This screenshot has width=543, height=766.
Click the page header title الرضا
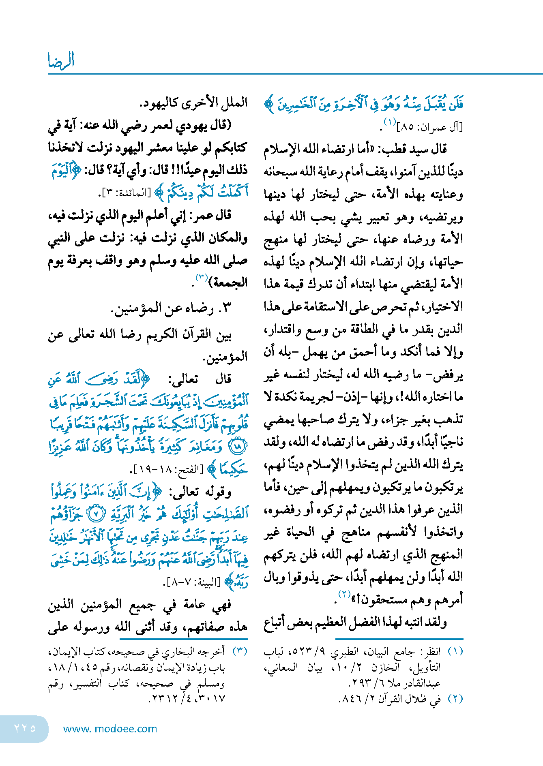point(61,60)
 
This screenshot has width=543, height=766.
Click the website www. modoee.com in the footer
point(110,729)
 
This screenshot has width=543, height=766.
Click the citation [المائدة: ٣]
point(127,193)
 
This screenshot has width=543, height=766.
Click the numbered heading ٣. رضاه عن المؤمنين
point(171,308)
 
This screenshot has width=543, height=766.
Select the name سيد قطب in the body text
point(421,149)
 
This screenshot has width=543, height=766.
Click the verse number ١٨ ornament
point(238,447)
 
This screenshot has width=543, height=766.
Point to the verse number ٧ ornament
point(96,514)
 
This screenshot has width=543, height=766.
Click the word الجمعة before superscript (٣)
point(230,282)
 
